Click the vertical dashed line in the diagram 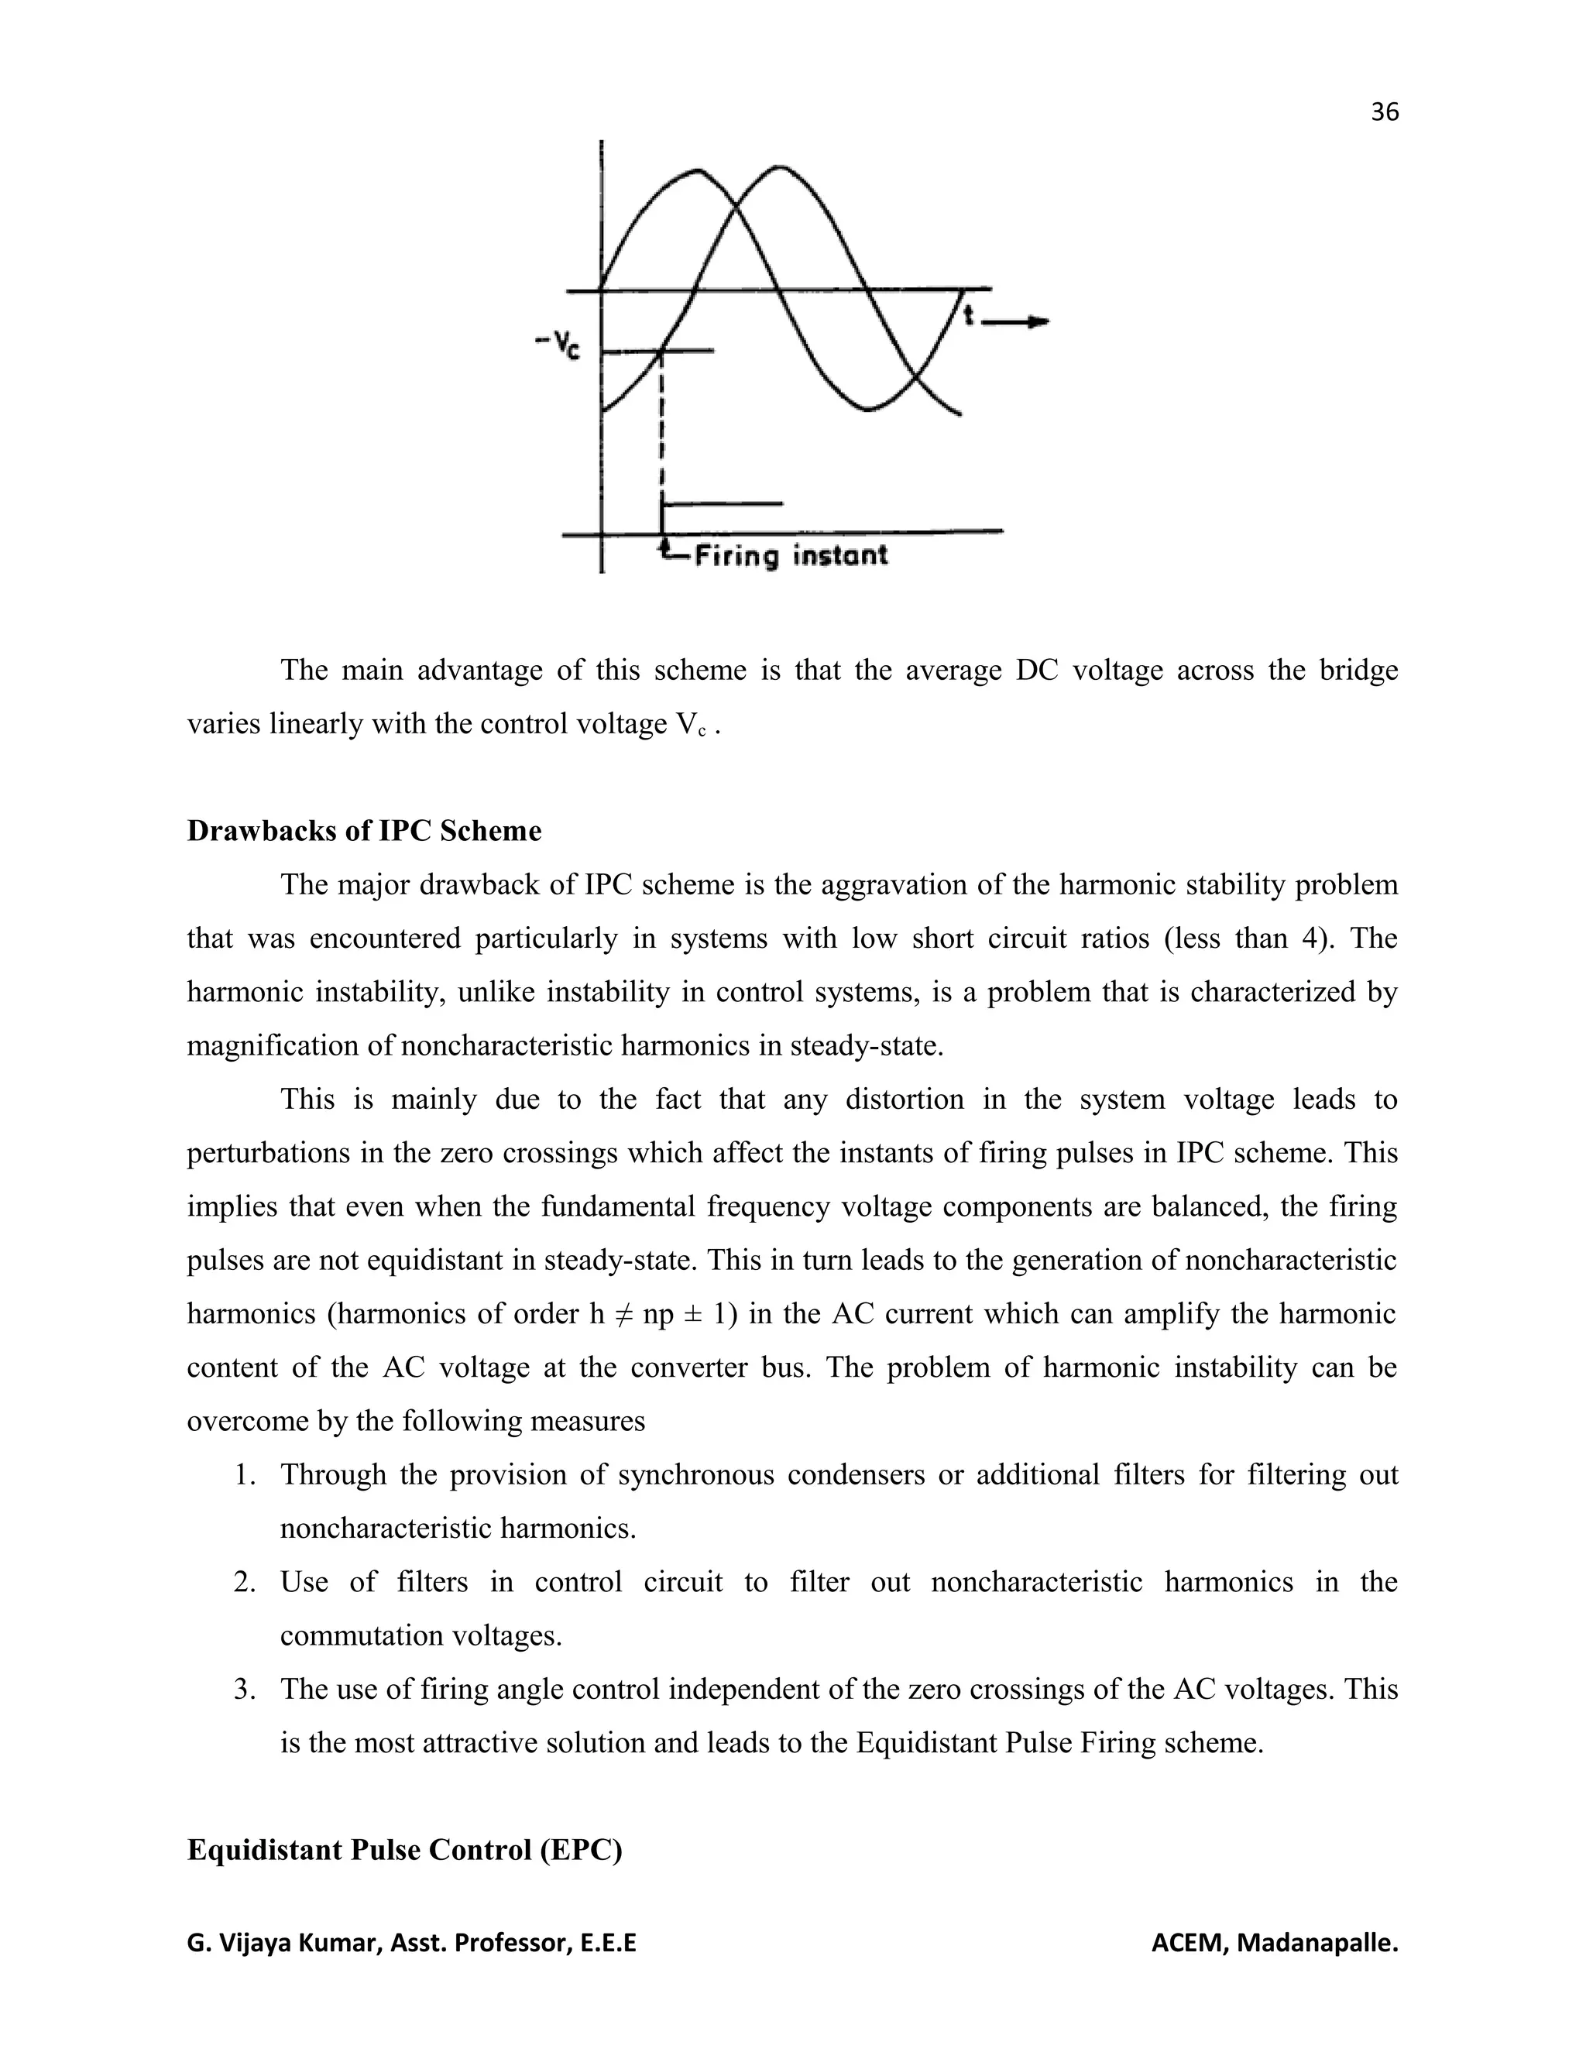coord(664,423)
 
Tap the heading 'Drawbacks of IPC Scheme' coord(364,831)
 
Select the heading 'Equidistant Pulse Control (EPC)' coord(404,1850)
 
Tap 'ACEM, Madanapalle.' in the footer coord(1274,1944)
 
